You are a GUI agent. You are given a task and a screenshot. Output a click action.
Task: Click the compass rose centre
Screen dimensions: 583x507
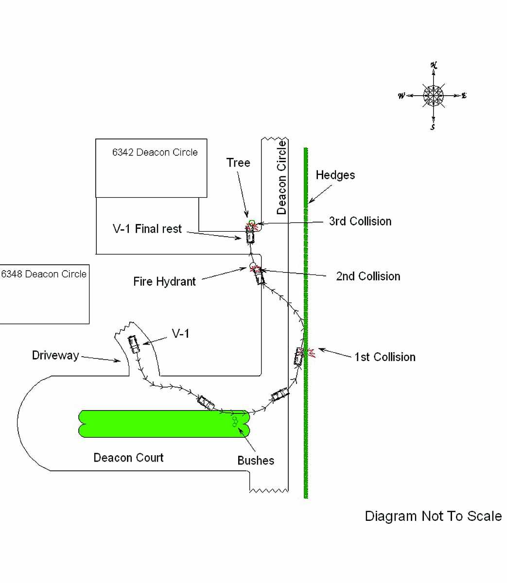433,96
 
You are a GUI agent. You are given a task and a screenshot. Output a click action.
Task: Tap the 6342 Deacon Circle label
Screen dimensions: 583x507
155,152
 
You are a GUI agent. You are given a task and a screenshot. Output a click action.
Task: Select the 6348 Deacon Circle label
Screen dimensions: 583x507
44,274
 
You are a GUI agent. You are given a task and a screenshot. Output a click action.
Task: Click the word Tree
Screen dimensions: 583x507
238,163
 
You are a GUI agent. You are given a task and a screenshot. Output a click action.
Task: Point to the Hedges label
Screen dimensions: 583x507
335,175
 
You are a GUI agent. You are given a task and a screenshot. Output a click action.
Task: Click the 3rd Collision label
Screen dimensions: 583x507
360,221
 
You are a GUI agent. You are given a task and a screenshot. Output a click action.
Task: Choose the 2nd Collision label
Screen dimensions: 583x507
368,276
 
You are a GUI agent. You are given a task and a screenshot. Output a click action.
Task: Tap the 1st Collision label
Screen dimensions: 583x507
385,357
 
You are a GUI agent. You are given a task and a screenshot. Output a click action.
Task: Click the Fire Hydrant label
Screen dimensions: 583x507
164,281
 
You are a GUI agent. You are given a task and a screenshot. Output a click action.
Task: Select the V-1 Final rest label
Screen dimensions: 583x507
147,229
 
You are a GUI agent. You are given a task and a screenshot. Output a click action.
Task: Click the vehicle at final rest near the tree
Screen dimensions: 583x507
250,237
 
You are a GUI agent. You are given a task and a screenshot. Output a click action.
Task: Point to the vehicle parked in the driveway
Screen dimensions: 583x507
134,344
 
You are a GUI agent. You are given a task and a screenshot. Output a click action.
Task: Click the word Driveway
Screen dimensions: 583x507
55,355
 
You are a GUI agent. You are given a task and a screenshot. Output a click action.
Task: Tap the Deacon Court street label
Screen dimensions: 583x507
128,458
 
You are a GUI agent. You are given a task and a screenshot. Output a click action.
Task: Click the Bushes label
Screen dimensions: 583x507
256,461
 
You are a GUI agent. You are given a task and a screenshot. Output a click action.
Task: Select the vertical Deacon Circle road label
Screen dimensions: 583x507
281,178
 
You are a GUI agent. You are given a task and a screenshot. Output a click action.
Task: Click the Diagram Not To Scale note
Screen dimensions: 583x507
433,516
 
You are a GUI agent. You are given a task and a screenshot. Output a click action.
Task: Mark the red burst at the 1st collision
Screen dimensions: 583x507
309,352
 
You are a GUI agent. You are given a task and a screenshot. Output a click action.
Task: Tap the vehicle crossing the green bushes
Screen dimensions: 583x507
206,402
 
